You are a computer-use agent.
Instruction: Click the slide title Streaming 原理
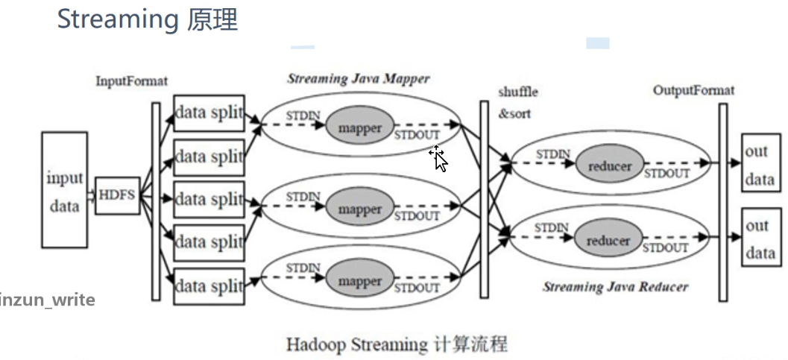coord(147,20)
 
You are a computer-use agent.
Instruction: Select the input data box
coord(64,190)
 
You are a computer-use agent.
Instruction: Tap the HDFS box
coord(117,195)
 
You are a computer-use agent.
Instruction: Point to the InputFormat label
coord(131,80)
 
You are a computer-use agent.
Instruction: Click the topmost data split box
coord(209,113)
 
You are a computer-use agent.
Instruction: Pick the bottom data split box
coord(209,286)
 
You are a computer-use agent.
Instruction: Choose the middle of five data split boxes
coord(209,200)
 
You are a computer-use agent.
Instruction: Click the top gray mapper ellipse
coord(359,127)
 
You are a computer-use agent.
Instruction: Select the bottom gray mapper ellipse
coord(359,282)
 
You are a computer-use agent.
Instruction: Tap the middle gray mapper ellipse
coord(359,209)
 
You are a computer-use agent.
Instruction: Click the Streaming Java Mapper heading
coord(358,78)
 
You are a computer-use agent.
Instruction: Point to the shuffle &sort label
coord(517,103)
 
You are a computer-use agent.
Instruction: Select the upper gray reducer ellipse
coord(608,166)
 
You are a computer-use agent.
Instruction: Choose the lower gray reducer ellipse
coord(608,241)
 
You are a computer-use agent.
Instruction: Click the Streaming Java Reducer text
coord(615,286)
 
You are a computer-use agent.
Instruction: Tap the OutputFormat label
coord(693,90)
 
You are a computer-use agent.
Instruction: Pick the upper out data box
coord(760,165)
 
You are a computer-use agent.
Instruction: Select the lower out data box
coord(760,239)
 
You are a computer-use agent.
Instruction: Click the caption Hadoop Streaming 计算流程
coord(397,344)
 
